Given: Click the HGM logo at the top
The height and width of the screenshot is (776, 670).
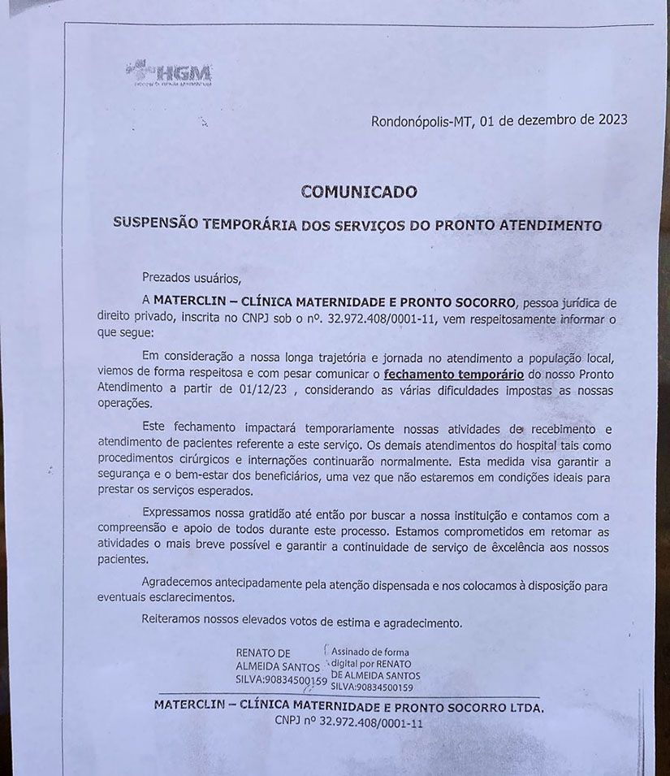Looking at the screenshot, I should pos(170,73).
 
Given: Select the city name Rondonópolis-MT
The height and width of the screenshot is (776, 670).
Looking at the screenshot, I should pos(421,121).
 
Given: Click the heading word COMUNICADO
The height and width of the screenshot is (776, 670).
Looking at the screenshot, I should pos(358,193).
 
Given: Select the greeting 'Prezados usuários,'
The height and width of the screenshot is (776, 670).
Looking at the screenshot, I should pos(192,277).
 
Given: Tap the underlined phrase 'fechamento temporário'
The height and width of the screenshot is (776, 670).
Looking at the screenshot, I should pos(453,375).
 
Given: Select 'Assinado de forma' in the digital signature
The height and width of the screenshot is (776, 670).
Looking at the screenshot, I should pos(370,652).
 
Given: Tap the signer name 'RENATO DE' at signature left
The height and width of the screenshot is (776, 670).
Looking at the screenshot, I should pos(262,652).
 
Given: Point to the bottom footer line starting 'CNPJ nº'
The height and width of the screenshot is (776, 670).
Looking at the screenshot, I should pos(348,721).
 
